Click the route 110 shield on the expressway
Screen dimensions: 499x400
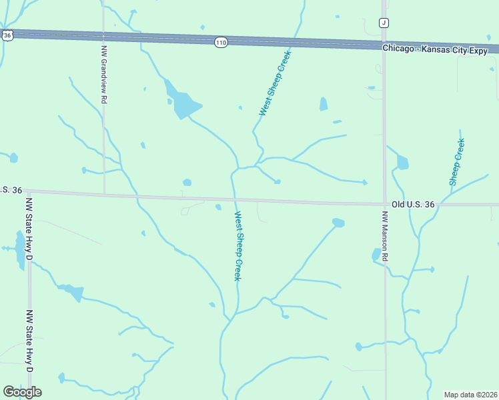[221, 43]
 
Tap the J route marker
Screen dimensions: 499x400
[384, 23]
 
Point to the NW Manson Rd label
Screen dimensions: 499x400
[385, 236]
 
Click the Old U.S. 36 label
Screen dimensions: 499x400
[413, 205]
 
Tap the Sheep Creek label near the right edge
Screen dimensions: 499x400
[457, 161]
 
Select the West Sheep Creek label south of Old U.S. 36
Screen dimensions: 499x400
[237, 246]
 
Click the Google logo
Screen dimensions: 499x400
[22, 391]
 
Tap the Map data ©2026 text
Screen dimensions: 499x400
[471, 395]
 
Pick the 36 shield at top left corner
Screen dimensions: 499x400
[6, 34]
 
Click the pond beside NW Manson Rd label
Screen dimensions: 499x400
[376, 254]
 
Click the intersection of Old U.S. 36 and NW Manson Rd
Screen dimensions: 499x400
[385, 204]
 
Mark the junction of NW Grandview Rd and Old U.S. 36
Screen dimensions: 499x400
[104, 195]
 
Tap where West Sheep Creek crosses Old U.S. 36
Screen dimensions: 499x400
[234, 199]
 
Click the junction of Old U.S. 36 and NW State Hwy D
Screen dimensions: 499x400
[29, 192]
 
